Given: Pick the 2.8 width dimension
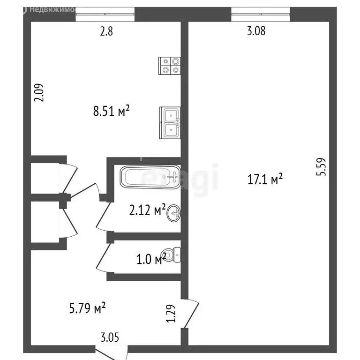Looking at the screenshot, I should pyautogui.click(x=106, y=32).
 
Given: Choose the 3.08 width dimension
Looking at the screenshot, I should pyautogui.click(x=256, y=32).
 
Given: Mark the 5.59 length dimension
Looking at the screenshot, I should pyautogui.click(x=321, y=166).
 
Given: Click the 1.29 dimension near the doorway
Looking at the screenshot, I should pyautogui.click(x=172, y=313).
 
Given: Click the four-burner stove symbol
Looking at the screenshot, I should pyautogui.click(x=170, y=65).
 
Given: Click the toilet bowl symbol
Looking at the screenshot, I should pyautogui.click(x=174, y=255).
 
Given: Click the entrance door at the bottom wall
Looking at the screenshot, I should pyautogui.click(x=111, y=351).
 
